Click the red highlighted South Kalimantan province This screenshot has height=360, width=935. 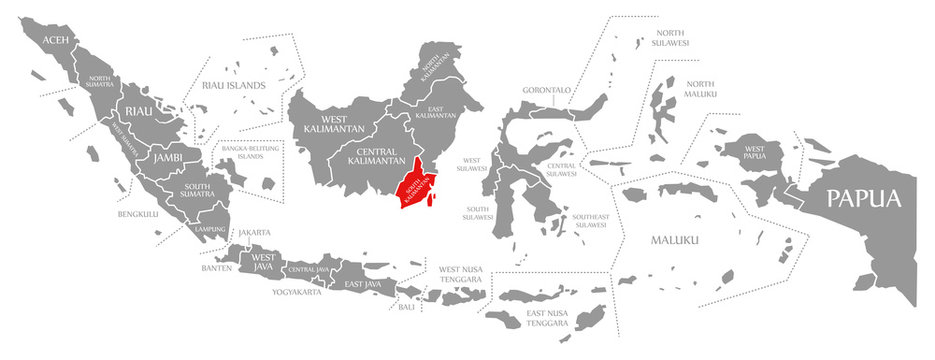point(414,186)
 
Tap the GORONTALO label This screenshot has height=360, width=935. point(546,90)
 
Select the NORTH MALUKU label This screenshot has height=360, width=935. point(700,88)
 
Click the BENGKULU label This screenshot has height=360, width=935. point(139,214)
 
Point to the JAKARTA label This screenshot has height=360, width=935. point(254,233)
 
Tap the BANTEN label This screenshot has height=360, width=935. point(216,268)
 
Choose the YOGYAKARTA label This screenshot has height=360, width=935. point(297,292)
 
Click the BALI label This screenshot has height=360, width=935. point(406,306)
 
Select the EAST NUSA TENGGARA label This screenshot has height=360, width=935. point(548,319)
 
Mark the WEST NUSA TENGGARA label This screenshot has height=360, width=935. point(461,274)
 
